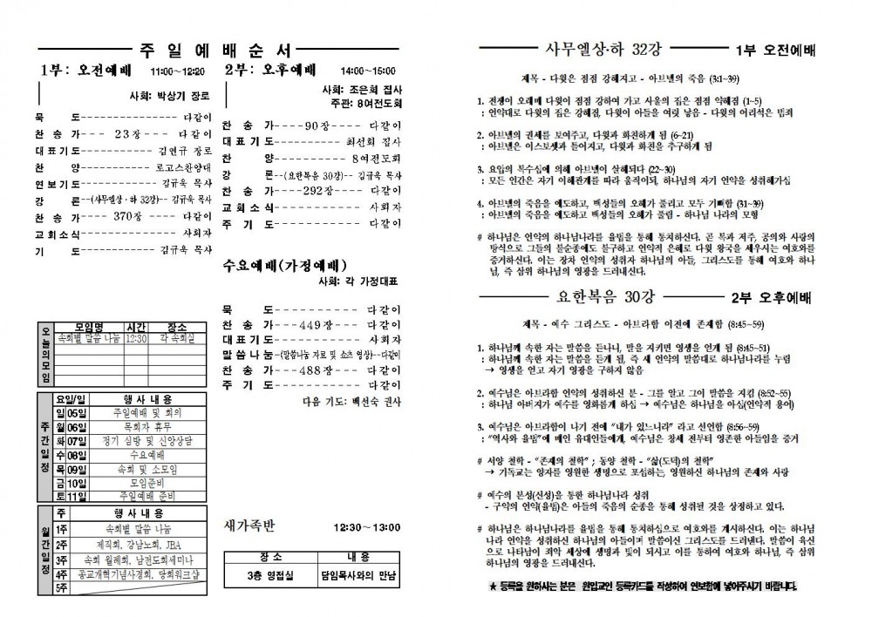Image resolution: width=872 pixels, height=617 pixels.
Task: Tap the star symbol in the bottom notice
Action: point(493,586)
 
